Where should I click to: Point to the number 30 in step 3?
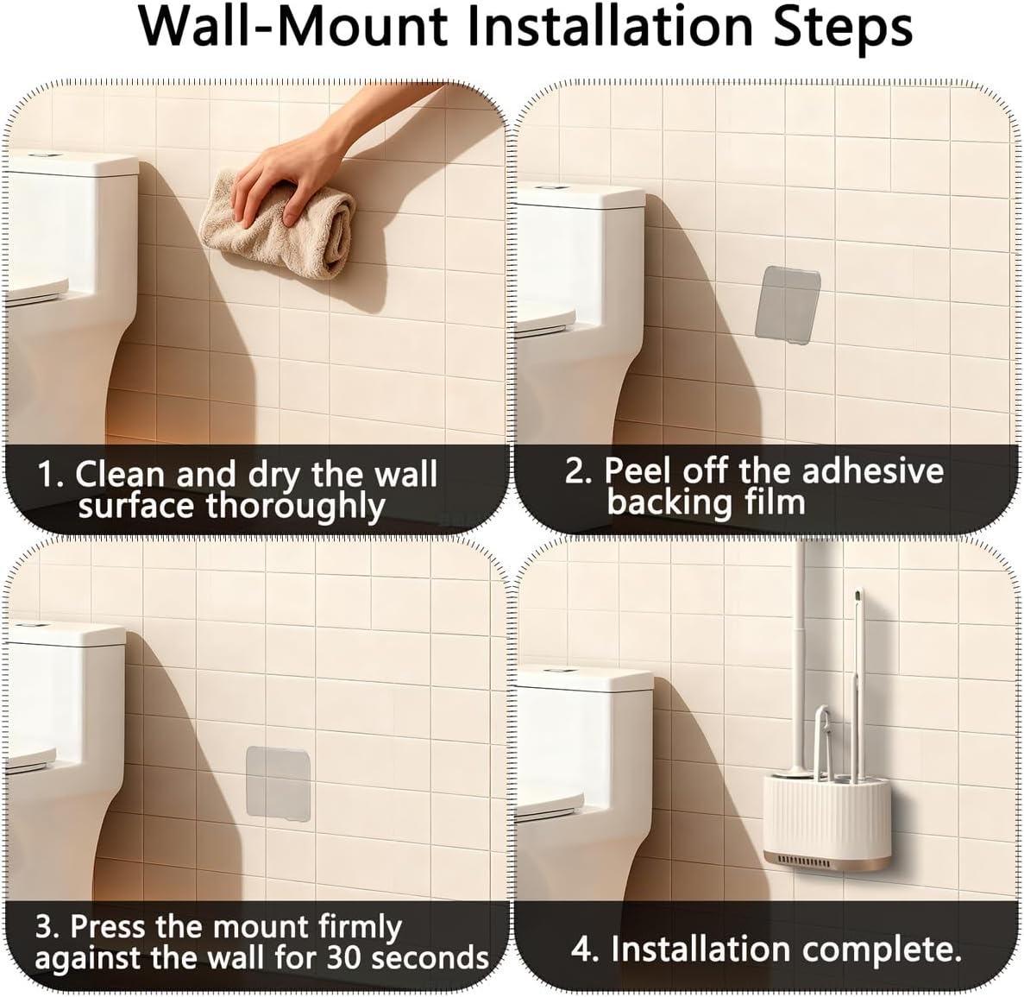[x=345, y=958]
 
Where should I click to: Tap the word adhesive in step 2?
[x=872, y=470]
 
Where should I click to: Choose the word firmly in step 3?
[x=360, y=928]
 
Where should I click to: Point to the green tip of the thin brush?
[x=856, y=596]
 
